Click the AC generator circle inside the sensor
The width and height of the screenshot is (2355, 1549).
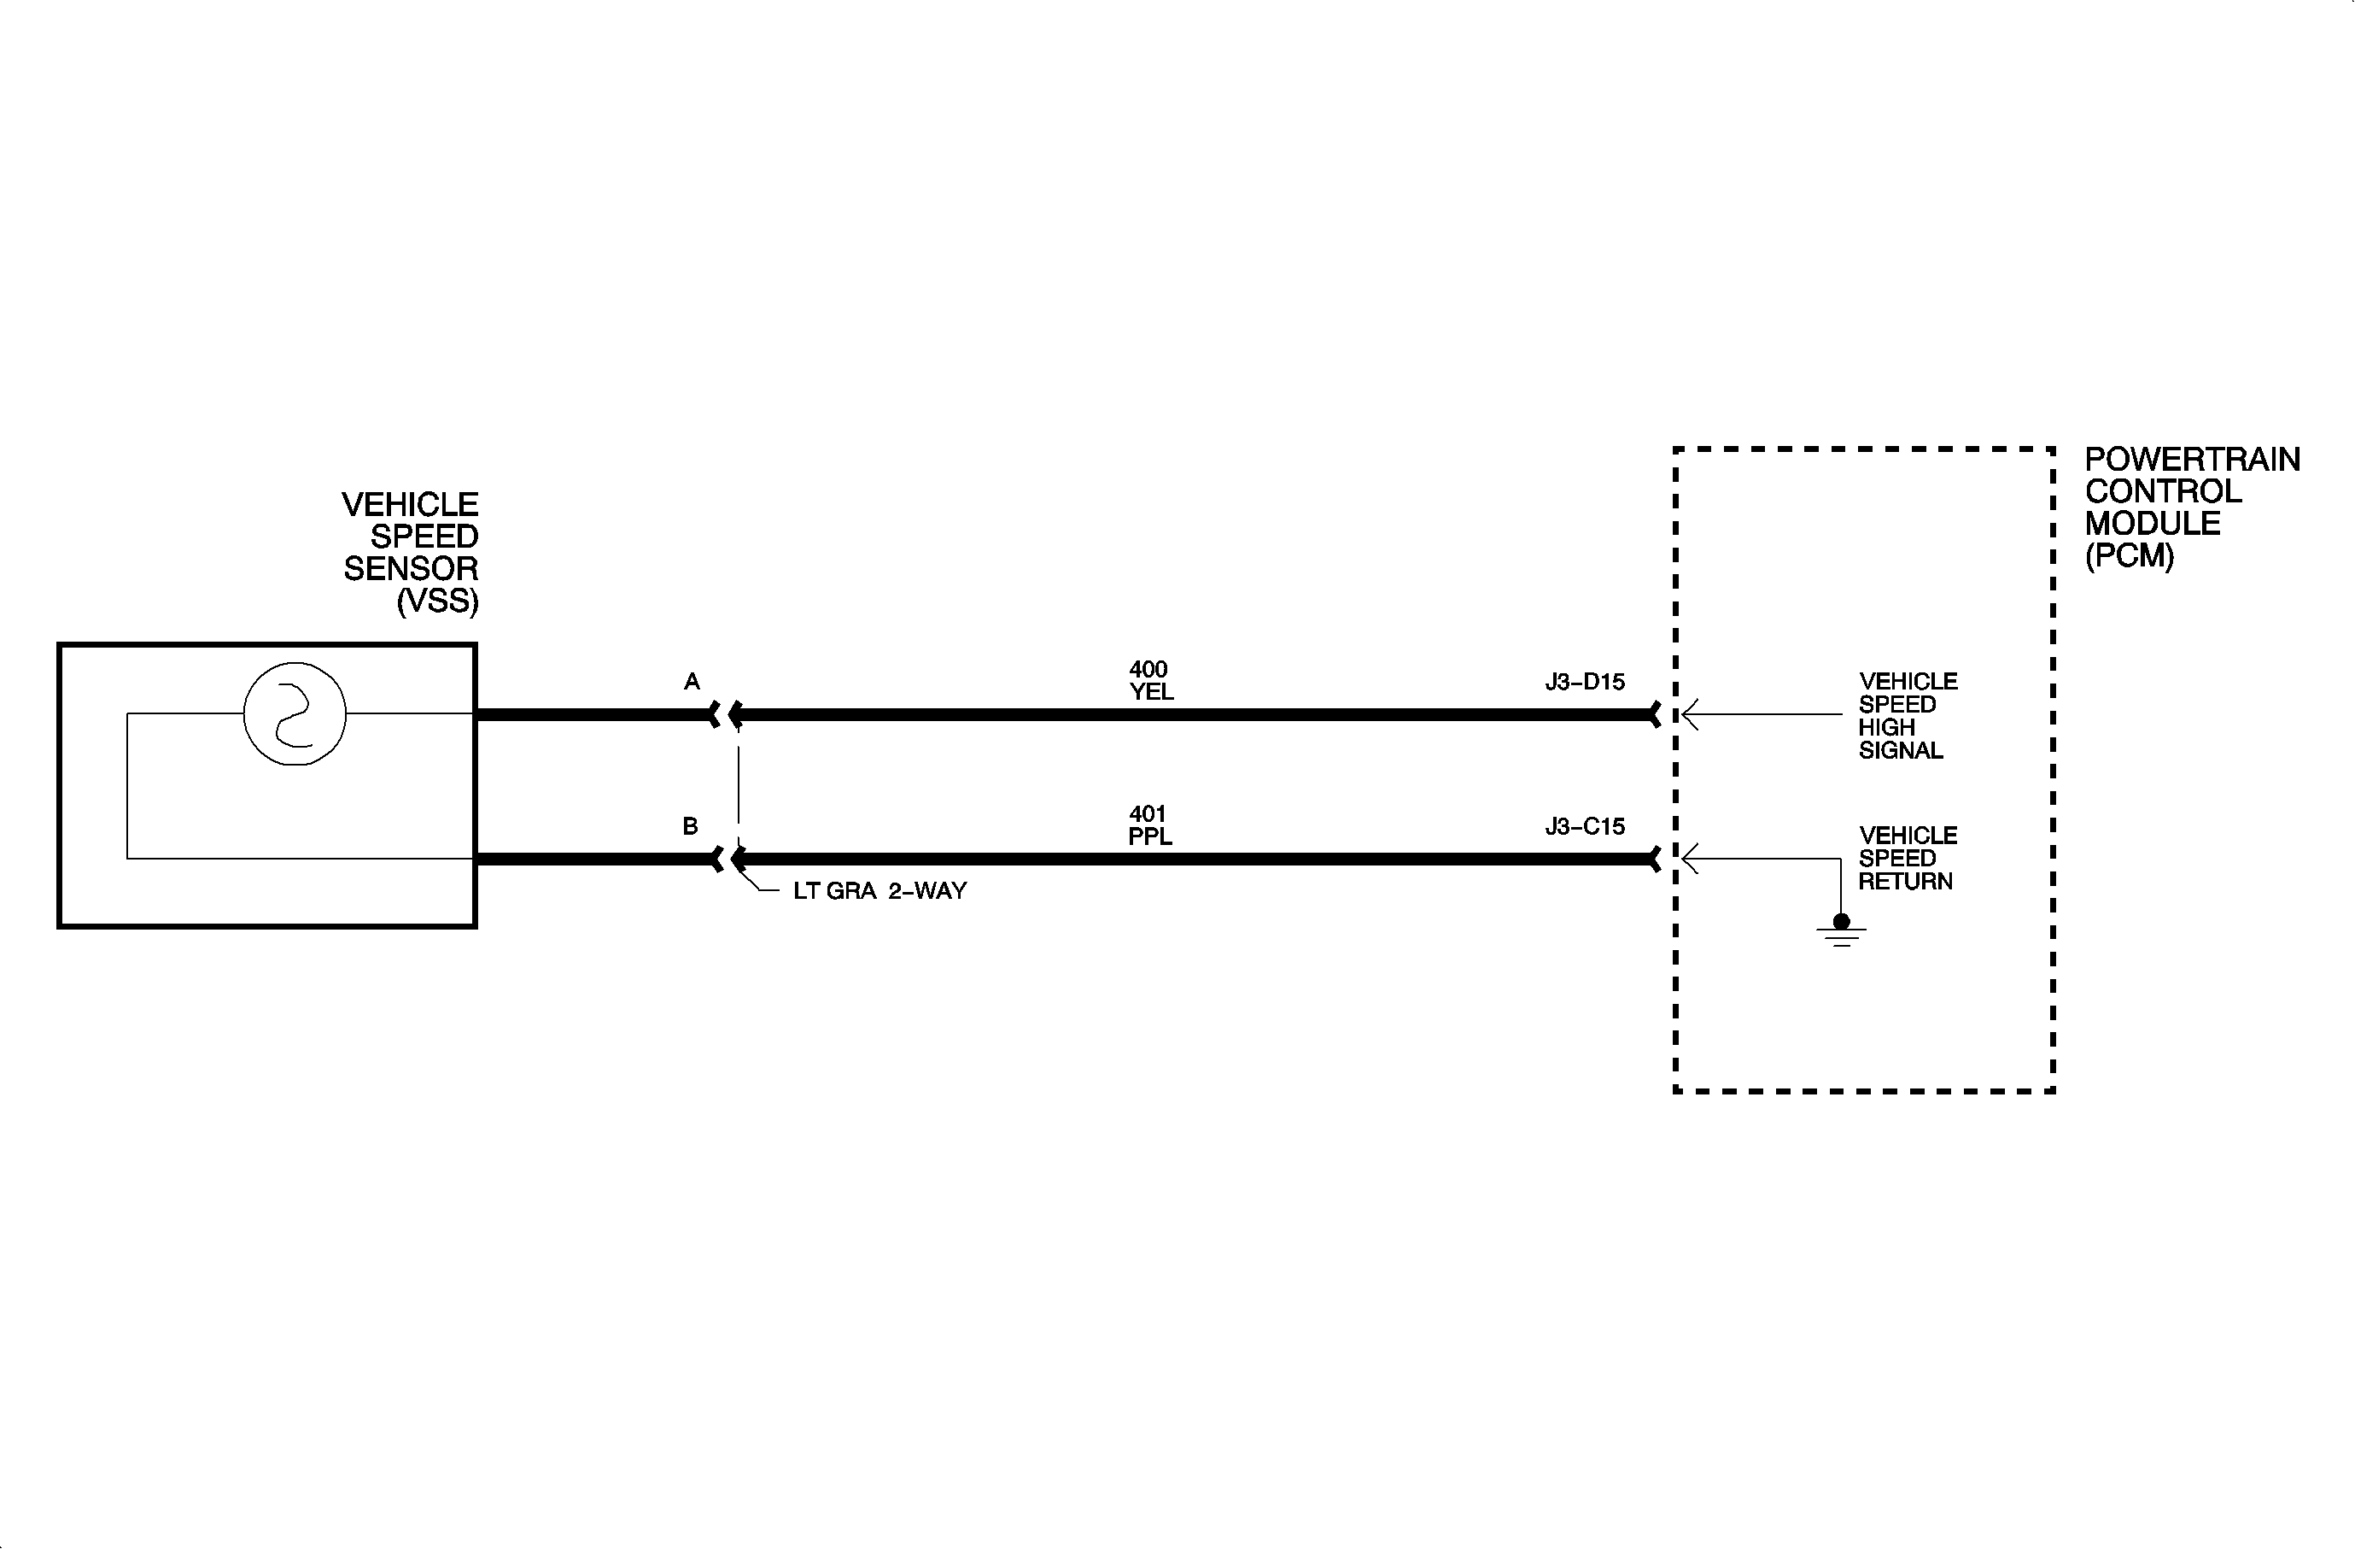295,713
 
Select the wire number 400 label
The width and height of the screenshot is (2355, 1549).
1148,670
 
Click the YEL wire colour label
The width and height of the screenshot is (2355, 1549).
1151,693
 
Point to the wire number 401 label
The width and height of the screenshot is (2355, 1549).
1148,814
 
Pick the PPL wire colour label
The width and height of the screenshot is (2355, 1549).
1150,837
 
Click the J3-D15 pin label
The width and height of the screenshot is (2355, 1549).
1584,682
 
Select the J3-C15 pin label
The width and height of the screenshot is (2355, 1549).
1584,826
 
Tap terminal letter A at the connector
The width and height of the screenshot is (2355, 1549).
692,682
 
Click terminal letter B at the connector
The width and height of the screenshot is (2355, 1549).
691,826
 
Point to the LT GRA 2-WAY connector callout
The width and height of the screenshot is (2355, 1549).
879,891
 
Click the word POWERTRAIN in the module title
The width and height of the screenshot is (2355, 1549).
2192,461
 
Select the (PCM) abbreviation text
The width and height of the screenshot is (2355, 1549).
2130,556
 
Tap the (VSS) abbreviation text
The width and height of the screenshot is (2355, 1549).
437,601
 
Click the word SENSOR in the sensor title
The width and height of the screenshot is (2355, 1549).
411,569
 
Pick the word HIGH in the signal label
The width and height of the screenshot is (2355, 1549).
1886,727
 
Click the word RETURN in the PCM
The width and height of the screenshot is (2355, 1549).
1905,882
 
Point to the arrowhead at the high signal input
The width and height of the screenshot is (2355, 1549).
1690,714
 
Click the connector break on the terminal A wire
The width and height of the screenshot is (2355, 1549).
725,714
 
